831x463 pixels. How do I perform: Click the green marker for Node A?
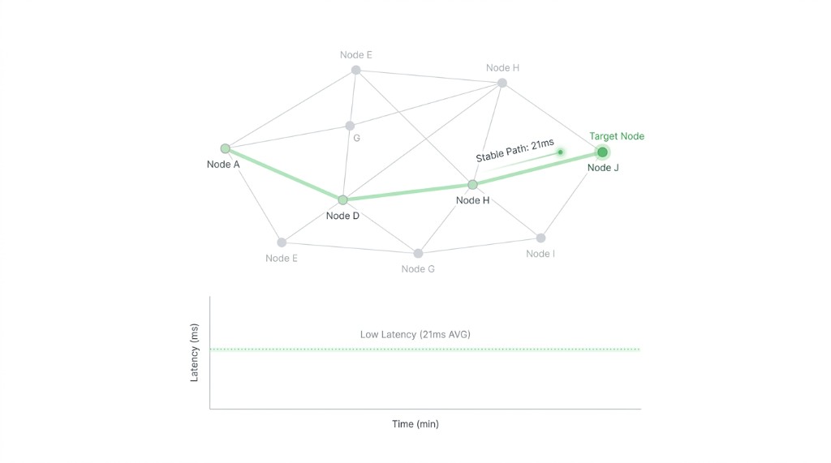[x=226, y=148]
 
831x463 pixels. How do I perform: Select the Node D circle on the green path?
[x=343, y=199]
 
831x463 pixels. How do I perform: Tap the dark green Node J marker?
[x=602, y=152]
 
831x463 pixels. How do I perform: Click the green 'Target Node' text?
[x=617, y=136]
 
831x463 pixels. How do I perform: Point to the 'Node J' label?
[x=603, y=167]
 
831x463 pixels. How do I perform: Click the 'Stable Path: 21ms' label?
[x=515, y=151]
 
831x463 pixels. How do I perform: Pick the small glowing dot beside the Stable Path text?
[x=560, y=152]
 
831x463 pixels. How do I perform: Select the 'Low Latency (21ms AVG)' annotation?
[x=415, y=334]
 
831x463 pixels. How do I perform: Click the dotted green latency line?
[x=425, y=349]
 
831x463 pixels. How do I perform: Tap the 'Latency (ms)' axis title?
[x=194, y=352]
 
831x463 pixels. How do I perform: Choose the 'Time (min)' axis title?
[x=415, y=424]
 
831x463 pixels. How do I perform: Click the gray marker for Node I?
[x=540, y=238]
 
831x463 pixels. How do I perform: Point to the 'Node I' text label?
[x=540, y=254]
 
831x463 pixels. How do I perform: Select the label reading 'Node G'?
[x=418, y=268]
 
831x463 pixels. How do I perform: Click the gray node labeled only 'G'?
[x=350, y=126]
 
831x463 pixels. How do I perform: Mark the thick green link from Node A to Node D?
[x=284, y=174]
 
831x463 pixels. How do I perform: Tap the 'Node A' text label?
[x=223, y=165]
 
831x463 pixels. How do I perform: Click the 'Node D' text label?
[x=342, y=216]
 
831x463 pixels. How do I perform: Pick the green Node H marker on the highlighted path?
[x=472, y=184]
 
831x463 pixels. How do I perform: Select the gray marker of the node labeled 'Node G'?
[x=418, y=253]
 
